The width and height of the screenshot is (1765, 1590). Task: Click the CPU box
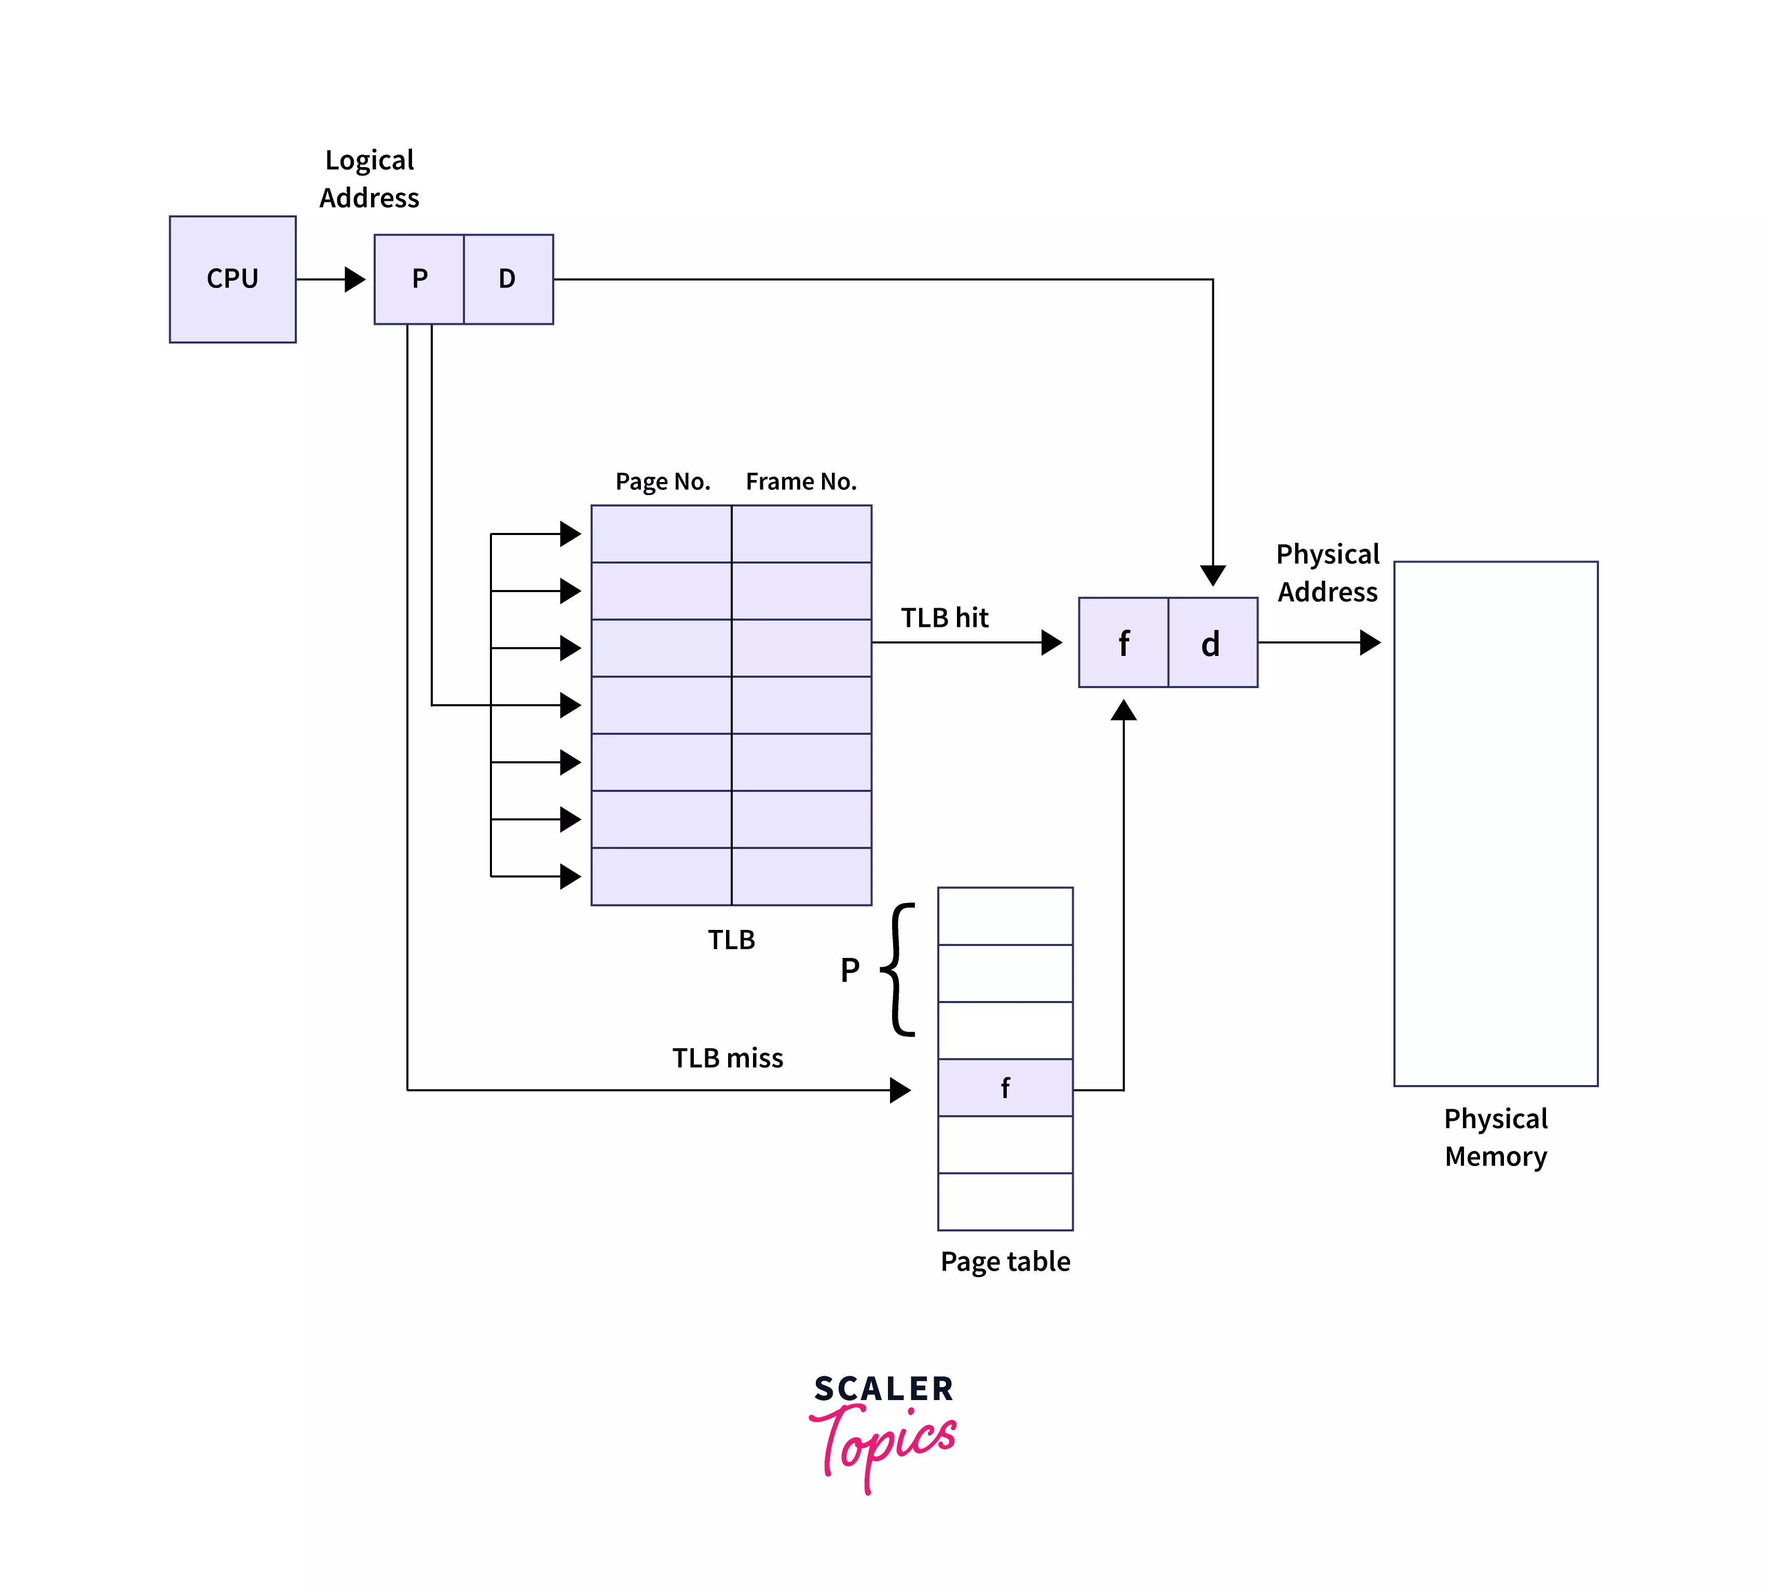click(232, 279)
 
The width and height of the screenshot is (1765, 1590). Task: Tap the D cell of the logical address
click(508, 279)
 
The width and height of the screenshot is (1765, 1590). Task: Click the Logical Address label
click(369, 179)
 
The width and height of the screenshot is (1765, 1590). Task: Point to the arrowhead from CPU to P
click(355, 280)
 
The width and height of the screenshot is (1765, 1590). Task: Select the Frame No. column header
click(800, 482)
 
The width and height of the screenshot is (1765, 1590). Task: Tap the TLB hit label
click(945, 618)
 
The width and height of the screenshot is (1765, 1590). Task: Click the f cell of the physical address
click(1123, 643)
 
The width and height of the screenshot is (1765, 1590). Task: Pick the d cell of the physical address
click(1211, 643)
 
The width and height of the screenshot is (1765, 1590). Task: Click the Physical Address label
click(1327, 573)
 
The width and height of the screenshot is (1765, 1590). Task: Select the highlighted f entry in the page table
click(1005, 1088)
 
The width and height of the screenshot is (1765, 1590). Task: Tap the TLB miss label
click(727, 1058)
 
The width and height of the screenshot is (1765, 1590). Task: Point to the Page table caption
click(1005, 1262)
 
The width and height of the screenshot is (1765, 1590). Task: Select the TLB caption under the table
click(731, 940)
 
